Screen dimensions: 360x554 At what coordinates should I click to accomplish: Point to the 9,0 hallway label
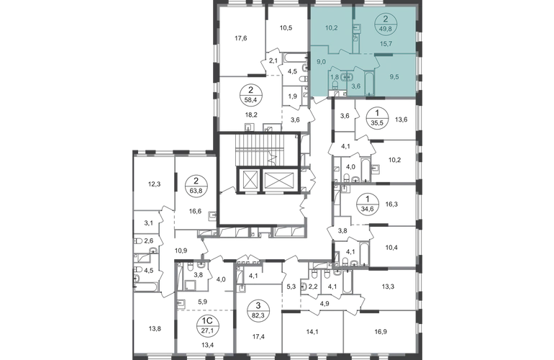(320, 61)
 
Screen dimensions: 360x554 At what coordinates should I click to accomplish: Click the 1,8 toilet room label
(335, 76)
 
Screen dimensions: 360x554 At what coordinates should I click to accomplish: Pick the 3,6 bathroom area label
(355, 86)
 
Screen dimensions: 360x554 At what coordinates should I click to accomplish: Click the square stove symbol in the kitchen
(356, 29)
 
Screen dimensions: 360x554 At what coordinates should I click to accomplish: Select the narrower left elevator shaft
(249, 181)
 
